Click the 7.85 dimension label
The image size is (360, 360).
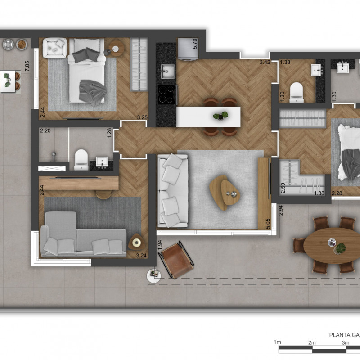coord(27,66)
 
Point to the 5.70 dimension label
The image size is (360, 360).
coord(195,44)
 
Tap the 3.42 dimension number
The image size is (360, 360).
coord(265,62)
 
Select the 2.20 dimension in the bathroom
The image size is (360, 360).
coord(45,130)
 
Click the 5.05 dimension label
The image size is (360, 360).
coord(268,224)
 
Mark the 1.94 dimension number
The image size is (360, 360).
coord(160,245)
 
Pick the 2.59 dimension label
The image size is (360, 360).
coord(283,188)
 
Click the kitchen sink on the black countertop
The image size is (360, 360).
coord(167,72)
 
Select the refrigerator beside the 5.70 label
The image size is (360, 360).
coord(188,49)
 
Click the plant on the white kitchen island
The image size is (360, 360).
coord(220,116)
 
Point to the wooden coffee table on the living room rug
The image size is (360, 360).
coord(224,193)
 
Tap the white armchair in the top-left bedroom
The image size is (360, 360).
coord(55,48)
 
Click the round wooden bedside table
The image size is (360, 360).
coord(116,49)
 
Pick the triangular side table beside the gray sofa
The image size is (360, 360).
coord(137,242)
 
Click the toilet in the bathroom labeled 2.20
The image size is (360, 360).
coord(81,160)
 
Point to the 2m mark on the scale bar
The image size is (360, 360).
coord(312,343)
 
